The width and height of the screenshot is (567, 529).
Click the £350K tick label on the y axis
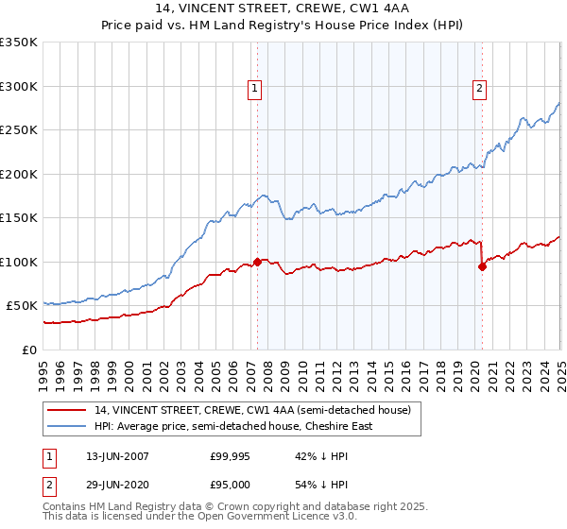pyautogui.click(x=19, y=43)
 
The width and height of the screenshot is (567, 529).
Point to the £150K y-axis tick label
pyautogui.click(x=19, y=218)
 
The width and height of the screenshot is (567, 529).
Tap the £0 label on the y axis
pyautogui.click(x=30, y=350)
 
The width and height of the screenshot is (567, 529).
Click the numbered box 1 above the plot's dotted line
pyautogui.click(x=255, y=90)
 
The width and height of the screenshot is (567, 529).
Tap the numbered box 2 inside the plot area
pyautogui.click(x=479, y=90)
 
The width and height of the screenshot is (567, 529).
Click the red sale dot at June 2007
pyautogui.click(x=257, y=262)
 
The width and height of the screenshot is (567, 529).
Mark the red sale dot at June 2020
pyautogui.click(x=482, y=266)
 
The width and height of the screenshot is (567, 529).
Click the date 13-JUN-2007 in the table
pyautogui.click(x=117, y=456)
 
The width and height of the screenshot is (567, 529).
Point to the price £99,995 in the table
pyautogui.click(x=230, y=456)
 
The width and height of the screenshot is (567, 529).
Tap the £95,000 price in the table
pyautogui.click(x=230, y=483)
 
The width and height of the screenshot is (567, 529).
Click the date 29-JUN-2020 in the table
pyautogui.click(x=117, y=483)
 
